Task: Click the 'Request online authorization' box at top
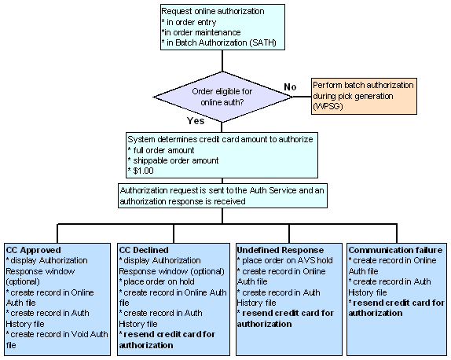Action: tap(225, 28)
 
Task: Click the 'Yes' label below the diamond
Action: tap(196, 121)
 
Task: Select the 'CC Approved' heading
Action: tap(33, 250)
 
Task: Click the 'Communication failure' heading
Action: tap(395, 250)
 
